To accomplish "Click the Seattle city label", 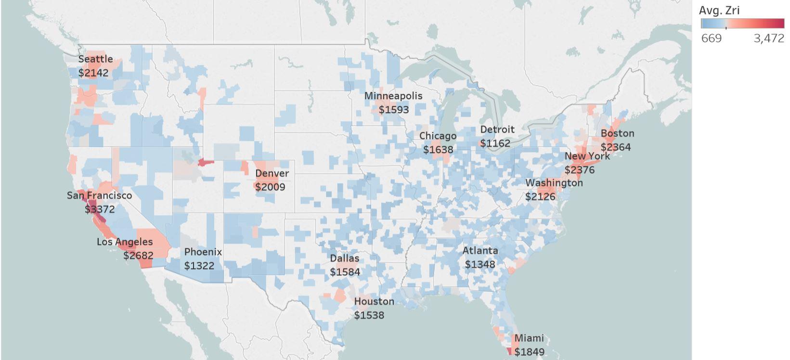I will (95, 59).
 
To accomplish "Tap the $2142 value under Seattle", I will (93, 73).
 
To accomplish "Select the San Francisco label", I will (99, 195).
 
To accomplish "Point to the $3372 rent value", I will (100, 209).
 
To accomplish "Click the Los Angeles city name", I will (125, 242).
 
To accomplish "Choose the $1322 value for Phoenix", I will (199, 266).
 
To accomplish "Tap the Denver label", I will (272, 173).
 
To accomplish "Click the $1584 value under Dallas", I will (345, 272).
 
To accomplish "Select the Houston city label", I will (374, 301).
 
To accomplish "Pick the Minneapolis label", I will (393, 96).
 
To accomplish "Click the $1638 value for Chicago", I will (438, 150).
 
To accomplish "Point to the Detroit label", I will (497, 129).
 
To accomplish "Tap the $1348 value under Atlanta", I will (479, 264).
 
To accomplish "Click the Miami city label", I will (529, 338).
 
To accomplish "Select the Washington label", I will (554, 183).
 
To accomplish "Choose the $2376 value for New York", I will (580, 170).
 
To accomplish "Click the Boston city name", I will (617, 133).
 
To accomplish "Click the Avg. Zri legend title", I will (719, 10).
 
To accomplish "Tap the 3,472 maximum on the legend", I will (769, 39).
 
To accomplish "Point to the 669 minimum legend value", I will (711, 39).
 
